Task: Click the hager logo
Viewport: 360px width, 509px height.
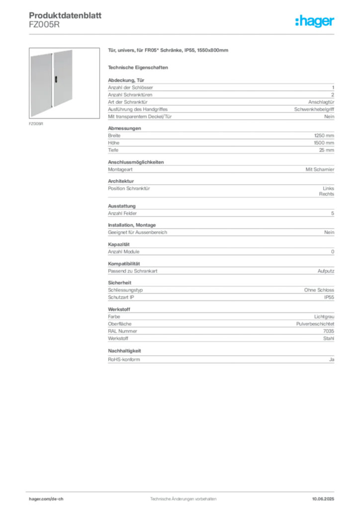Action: point(314,21)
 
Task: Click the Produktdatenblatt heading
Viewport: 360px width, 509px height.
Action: point(65,15)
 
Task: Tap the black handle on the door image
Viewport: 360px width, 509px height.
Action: point(56,79)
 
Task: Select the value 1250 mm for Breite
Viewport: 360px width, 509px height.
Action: point(324,136)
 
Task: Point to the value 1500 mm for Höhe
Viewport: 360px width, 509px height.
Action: point(324,143)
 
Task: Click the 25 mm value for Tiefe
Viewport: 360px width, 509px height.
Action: point(327,150)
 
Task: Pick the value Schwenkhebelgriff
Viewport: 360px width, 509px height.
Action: point(314,109)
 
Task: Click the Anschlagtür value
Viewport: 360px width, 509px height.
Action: point(321,102)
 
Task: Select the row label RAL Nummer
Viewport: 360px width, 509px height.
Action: point(122,331)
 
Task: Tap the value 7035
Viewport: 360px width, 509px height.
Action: point(329,331)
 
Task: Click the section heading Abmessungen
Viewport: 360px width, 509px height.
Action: point(124,128)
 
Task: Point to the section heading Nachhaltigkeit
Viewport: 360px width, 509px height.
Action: point(124,351)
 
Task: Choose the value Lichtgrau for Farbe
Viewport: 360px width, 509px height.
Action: point(324,317)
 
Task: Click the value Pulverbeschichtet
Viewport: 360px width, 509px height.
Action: point(315,324)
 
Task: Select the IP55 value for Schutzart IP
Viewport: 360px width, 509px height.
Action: point(329,297)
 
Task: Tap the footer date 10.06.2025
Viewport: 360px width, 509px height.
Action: point(323,499)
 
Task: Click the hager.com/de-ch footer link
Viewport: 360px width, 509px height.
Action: point(46,499)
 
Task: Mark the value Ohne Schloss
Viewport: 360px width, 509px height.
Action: point(319,290)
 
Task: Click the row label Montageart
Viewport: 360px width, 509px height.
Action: point(120,170)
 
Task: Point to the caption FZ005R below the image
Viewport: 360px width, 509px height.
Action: point(36,124)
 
